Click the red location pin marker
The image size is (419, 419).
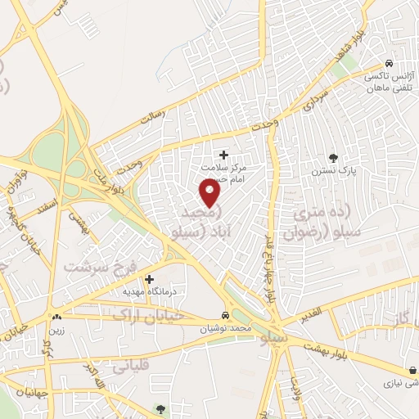[x=211, y=193]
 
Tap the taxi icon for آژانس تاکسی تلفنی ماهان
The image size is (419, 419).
[x=390, y=64]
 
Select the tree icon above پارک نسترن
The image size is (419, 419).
[x=332, y=157]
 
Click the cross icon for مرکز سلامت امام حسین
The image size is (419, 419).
[x=224, y=154]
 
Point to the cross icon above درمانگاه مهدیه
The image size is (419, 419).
[x=147, y=278]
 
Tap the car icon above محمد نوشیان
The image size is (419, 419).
[x=225, y=315]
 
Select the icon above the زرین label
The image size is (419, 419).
[x=56, y=316]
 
